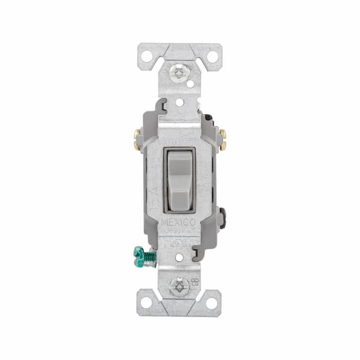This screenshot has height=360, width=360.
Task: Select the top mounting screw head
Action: [179, 71]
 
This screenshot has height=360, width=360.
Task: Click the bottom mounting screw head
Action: [179, 287]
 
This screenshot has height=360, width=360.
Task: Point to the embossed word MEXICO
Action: [179, 222]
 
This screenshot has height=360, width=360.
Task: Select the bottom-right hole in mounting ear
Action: [212, 303]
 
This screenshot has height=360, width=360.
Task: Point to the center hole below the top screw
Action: [179, 102]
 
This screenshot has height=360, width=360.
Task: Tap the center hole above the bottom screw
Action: [179, 258]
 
